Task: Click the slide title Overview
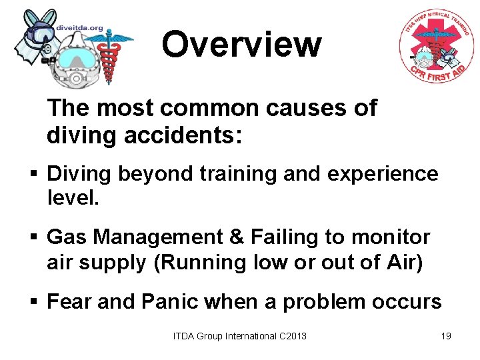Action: (241, 45)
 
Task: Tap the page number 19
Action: (446, 336)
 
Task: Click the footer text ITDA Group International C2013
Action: (240, 336)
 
